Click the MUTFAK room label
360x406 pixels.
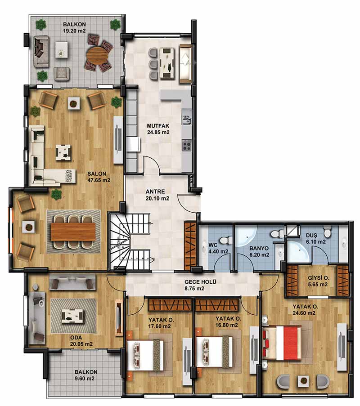tap(158, 126)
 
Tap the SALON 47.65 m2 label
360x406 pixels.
tap(99, 177)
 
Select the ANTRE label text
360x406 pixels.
tap(155, 192)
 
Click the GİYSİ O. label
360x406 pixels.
tap(319, 278)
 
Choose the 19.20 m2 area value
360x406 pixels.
tap(74, 31)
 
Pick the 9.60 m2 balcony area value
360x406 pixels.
tap(85, 378)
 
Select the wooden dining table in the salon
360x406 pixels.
tap(73, 232)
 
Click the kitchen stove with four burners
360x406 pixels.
tap(187, 145)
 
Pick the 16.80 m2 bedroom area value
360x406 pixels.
tap(226, 325)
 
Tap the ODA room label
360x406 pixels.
tap(76, 338)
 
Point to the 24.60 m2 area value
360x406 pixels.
tap(304, 313)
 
